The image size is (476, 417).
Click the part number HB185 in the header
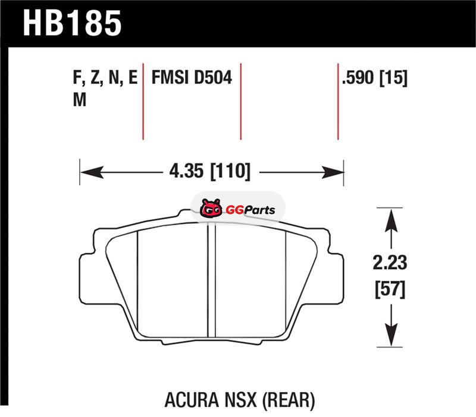click(x=72, y=23)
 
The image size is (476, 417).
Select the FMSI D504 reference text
click(x=192, y=78)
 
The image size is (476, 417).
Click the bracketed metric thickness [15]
click(x=393, y=78)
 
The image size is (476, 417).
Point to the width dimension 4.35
click(x=186, y=171)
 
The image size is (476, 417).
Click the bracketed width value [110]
click(x=231, y=171)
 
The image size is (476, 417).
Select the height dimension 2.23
click(x=390, y=263)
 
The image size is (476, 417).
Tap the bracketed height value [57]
click(x=390, y=290)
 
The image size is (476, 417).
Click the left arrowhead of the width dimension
click(x=92, y=172)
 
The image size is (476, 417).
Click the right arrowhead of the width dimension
click(x=333, y=172)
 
